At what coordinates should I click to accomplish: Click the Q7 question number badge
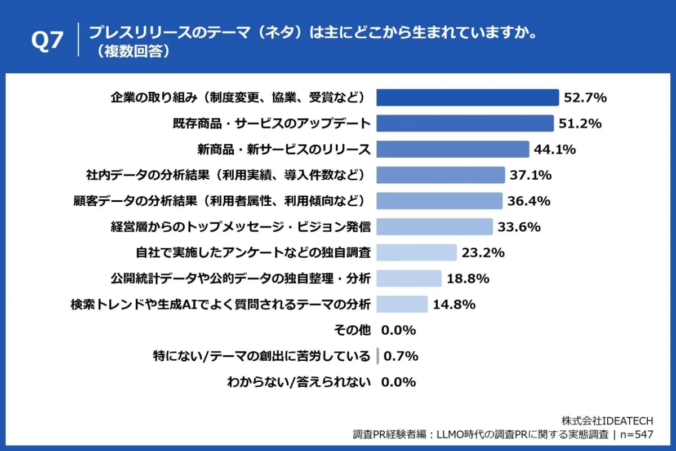coord(47,42)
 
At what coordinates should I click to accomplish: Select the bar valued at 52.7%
coord(468,98)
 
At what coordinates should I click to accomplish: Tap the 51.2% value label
coord(580,123)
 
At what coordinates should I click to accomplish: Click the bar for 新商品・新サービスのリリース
coord(452,149)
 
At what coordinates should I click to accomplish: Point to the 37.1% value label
coord(531,175)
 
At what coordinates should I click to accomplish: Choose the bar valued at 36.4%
coord(439,201)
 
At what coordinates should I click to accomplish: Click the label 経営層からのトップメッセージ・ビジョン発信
coord(240,227)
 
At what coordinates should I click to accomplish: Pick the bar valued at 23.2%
coord(416,253)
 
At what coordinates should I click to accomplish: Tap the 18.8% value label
coord(468,278)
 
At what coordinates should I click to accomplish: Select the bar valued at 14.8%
coord(402,304)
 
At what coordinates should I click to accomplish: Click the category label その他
coord(353,330)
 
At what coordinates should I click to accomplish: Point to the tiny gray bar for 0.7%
coord(377,356)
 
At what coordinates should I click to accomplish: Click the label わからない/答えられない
coord(299,382)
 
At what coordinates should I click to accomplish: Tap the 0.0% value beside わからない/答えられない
coord(398,382)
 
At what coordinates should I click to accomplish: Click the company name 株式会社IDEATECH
coord(607,421)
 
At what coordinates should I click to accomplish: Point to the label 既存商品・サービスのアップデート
coord(271,123)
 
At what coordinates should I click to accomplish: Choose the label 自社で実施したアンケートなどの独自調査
coord(253,253)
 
